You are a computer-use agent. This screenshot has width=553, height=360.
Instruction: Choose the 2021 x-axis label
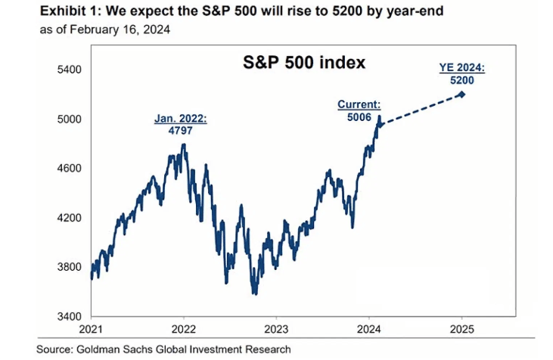coord(91,331)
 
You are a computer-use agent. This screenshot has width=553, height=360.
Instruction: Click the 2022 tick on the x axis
coord(184,331)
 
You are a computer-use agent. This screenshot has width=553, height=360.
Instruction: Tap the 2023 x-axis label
coord(276,331)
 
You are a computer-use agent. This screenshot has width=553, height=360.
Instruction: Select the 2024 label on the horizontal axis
coord(369,331)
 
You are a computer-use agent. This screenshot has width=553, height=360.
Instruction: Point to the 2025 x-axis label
coord(462,331)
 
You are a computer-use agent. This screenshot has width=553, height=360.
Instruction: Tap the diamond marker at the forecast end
coord(461,95)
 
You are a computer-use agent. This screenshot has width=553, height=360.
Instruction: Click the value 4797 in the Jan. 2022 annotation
coord(181,129)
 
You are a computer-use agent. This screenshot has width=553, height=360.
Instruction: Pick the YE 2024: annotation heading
coord(461,67)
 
